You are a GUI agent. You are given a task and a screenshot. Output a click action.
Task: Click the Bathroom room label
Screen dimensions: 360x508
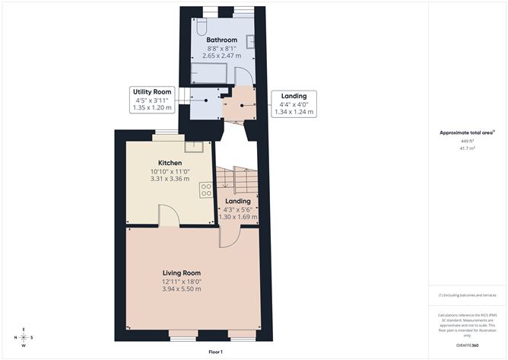point(221,40)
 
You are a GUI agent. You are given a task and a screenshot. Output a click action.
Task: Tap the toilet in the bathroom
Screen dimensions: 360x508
point(201,23)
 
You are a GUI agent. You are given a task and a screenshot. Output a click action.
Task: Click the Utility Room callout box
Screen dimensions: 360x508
point(153,99)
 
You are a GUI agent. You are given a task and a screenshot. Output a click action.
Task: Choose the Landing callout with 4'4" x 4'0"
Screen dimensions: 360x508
point(293,104)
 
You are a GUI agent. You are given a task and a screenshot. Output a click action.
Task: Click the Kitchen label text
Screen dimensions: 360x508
point(170,163)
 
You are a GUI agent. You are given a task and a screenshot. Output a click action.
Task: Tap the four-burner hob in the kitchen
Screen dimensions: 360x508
point(205,190)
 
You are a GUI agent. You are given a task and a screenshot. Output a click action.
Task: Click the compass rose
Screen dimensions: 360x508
point(25,337)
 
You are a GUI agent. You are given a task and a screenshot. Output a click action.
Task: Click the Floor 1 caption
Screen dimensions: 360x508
point(216,352)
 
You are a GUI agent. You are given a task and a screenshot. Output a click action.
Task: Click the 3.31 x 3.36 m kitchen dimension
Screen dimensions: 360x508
point(170,179)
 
